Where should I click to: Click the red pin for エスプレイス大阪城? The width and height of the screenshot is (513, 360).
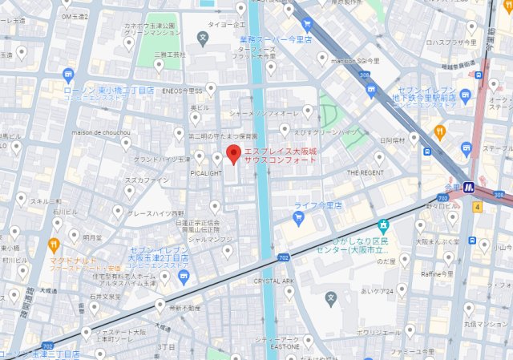tap(233, 154)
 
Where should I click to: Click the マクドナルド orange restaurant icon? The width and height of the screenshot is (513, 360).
tap(54, 245)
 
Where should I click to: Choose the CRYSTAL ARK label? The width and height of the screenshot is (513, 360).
tap(275, 281)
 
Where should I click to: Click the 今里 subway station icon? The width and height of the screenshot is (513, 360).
tap(472, 188)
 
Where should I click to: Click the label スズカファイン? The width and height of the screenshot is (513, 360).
tap(145, 180)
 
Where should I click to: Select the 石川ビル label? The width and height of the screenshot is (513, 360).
tap(63, 212)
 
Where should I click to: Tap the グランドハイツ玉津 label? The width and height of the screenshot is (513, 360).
tap(160, 159)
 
